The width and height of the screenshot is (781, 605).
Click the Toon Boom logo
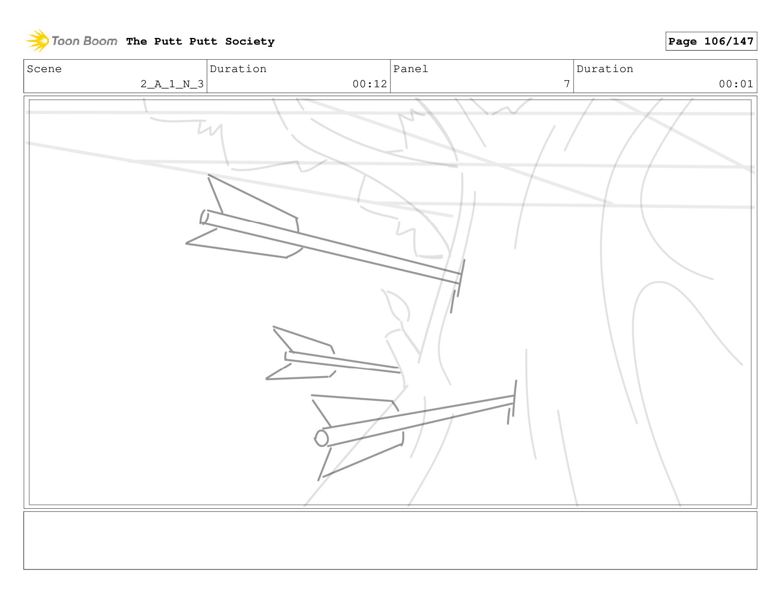click(71, 41)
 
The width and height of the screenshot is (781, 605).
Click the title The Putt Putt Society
click(200, 42)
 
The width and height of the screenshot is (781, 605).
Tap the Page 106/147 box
click(711, 41)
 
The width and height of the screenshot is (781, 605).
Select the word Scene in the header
click(44, 69)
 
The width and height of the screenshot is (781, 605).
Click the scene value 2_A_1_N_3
click(172, 84)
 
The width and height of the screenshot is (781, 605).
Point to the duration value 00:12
click(370, 84)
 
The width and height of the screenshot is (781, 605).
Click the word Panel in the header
click(410, 69)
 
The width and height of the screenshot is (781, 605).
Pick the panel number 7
click(567, 84)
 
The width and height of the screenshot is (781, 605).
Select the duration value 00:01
click(736, 84)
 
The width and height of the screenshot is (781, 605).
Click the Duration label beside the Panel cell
click(605, 69)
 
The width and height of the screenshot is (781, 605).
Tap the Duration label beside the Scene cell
click(238, 69)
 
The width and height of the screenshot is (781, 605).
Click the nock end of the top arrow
click(204, 217)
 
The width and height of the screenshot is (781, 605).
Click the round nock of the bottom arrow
click(322, 438)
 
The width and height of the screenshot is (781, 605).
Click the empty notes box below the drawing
click(390, 540)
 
